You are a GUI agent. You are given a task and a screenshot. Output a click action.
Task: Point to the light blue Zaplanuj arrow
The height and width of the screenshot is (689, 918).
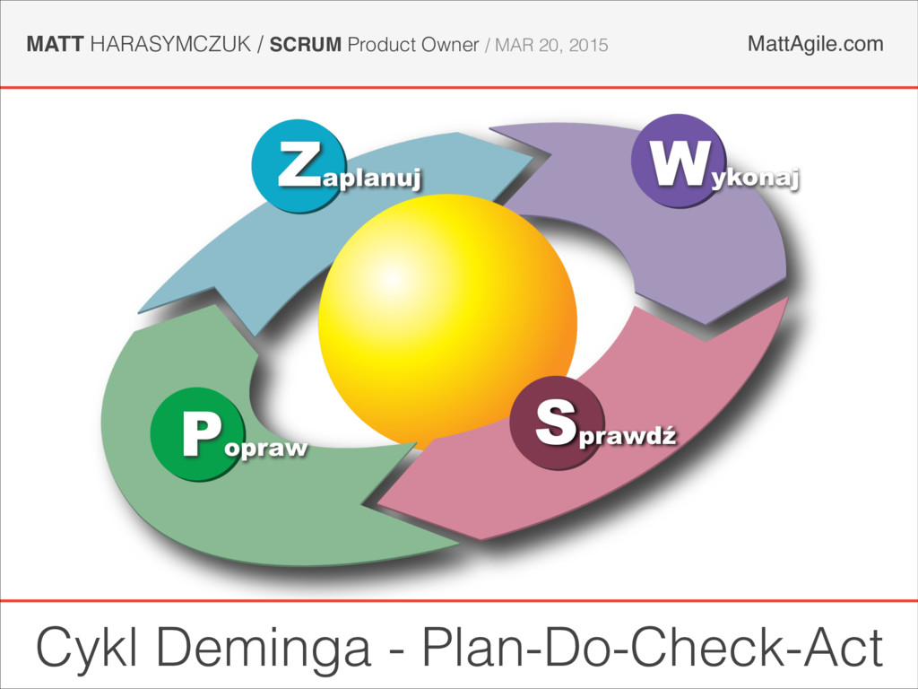(233, 260)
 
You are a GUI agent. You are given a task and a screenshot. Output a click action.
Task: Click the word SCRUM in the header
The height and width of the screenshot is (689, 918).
(306, 44)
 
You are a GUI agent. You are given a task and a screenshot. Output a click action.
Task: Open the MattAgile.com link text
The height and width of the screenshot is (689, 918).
(815, 43)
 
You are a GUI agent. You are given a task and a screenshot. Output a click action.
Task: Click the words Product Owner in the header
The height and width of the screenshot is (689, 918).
(412, 44)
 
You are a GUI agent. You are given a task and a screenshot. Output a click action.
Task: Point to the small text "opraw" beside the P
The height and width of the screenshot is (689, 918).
(264, 446)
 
